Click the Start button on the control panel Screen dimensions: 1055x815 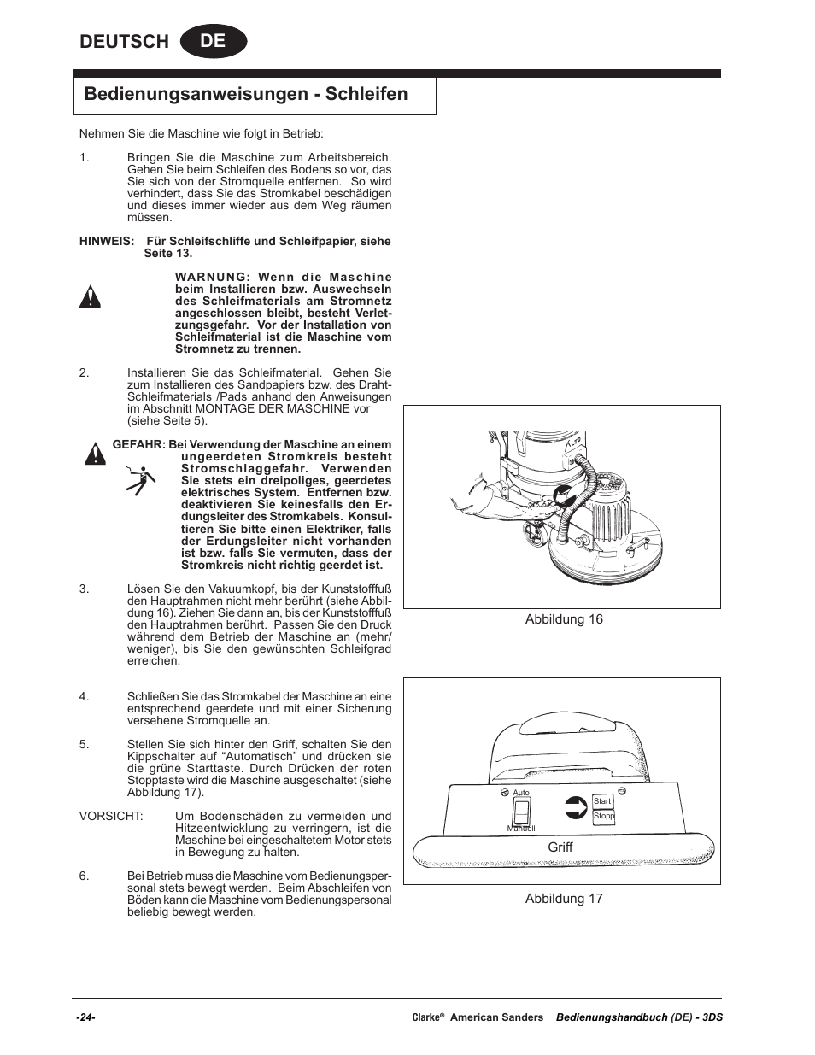click(x=602, y=800)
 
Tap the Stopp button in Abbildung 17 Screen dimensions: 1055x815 click(x=603, y=816)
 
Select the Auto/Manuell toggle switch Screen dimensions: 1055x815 click(x=520, y=811)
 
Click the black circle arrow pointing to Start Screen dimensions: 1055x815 click(x=577, y=807)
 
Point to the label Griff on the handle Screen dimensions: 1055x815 click(x=560, y=847)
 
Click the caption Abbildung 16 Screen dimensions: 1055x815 click(x=564, y=619)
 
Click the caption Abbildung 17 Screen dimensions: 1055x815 click(x=564, y=899)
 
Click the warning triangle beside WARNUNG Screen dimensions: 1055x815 click(x=91, y=297)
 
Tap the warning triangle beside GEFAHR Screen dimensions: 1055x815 click(x=95, y=454)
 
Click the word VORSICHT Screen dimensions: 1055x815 click(x=111, y=817)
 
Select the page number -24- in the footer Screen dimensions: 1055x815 click(x=85, y=1017)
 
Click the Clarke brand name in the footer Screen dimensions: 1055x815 click(x=426, y=1017)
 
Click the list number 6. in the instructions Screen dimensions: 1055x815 click(x=84, y=876)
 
